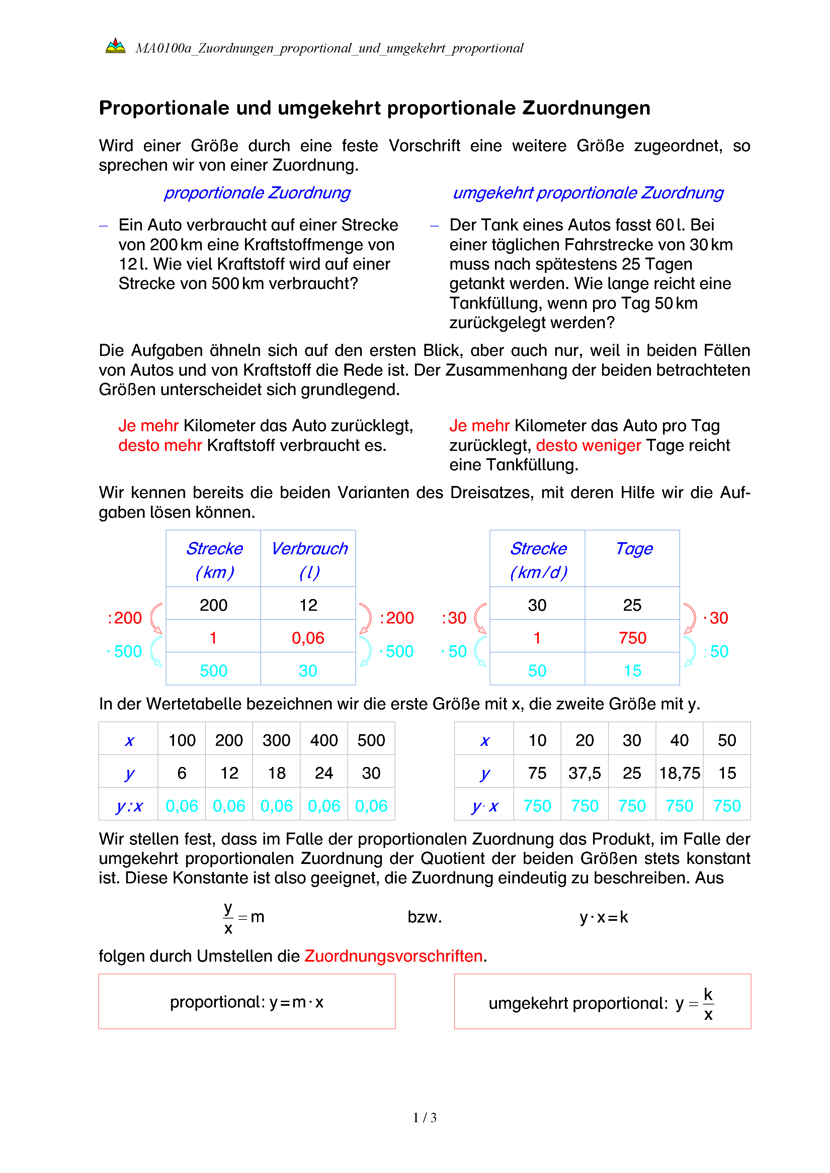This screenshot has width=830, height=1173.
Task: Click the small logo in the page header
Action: click(115, 46)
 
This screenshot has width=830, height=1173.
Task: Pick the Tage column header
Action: click(634, 549)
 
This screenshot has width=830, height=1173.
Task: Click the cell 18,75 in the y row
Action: click(679, 773)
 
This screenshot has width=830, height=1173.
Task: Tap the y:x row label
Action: click(129, 806)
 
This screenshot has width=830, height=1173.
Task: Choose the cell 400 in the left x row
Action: click(324, 740)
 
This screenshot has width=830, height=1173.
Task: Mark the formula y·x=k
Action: click(603, 917)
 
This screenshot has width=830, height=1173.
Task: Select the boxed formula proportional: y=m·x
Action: click(247, 1002)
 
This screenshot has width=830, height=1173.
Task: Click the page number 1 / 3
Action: click(424, 1118)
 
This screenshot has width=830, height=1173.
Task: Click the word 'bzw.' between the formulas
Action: click(424, 917)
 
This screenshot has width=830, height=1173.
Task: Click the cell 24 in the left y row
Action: click(324, 773)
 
